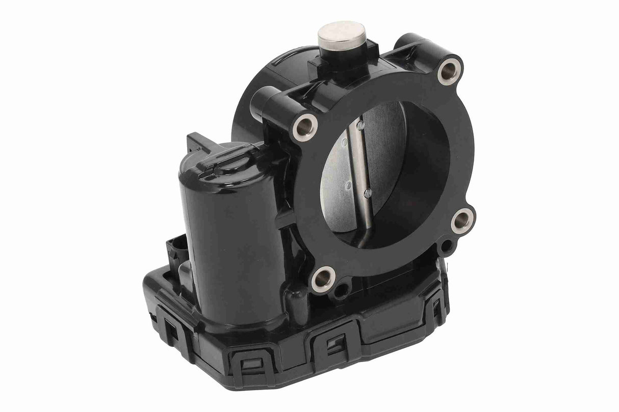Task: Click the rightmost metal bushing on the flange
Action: click(x=462, y=221)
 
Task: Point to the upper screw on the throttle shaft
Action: click(x=360, y=124)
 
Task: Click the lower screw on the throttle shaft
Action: click(x=367, y=192)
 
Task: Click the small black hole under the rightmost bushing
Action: click(x=447, y=248)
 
